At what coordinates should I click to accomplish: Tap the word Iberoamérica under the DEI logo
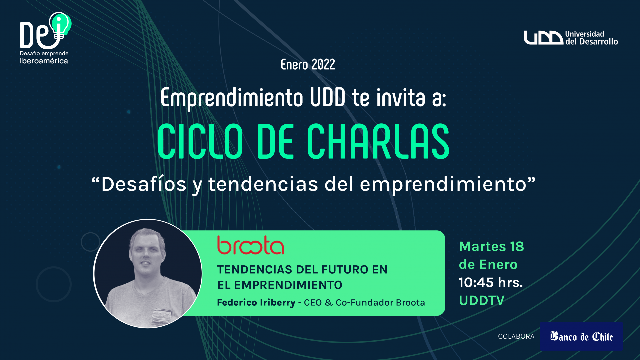(44, 61)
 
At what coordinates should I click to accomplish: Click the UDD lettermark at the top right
(543, 38)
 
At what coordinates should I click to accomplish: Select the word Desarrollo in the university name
(599, 42)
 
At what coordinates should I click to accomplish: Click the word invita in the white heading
(401, 98)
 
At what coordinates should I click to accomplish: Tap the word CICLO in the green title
(200, 141)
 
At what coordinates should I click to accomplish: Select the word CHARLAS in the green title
(378, 141)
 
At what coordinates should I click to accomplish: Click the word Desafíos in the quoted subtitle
(144, 184)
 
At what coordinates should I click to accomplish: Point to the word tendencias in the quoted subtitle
(263, 184)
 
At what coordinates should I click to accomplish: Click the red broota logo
(251, 245)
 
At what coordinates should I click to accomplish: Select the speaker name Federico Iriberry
(256, 303)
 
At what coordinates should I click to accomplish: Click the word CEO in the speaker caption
(313, 303)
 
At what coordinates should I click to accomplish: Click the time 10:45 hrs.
(491, 282)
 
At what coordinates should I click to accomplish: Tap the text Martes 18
(492, 247)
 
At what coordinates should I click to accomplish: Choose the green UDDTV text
(482, 300)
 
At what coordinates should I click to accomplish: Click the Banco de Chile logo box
(581, 336)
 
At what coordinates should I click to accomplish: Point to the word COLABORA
(516, 337)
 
